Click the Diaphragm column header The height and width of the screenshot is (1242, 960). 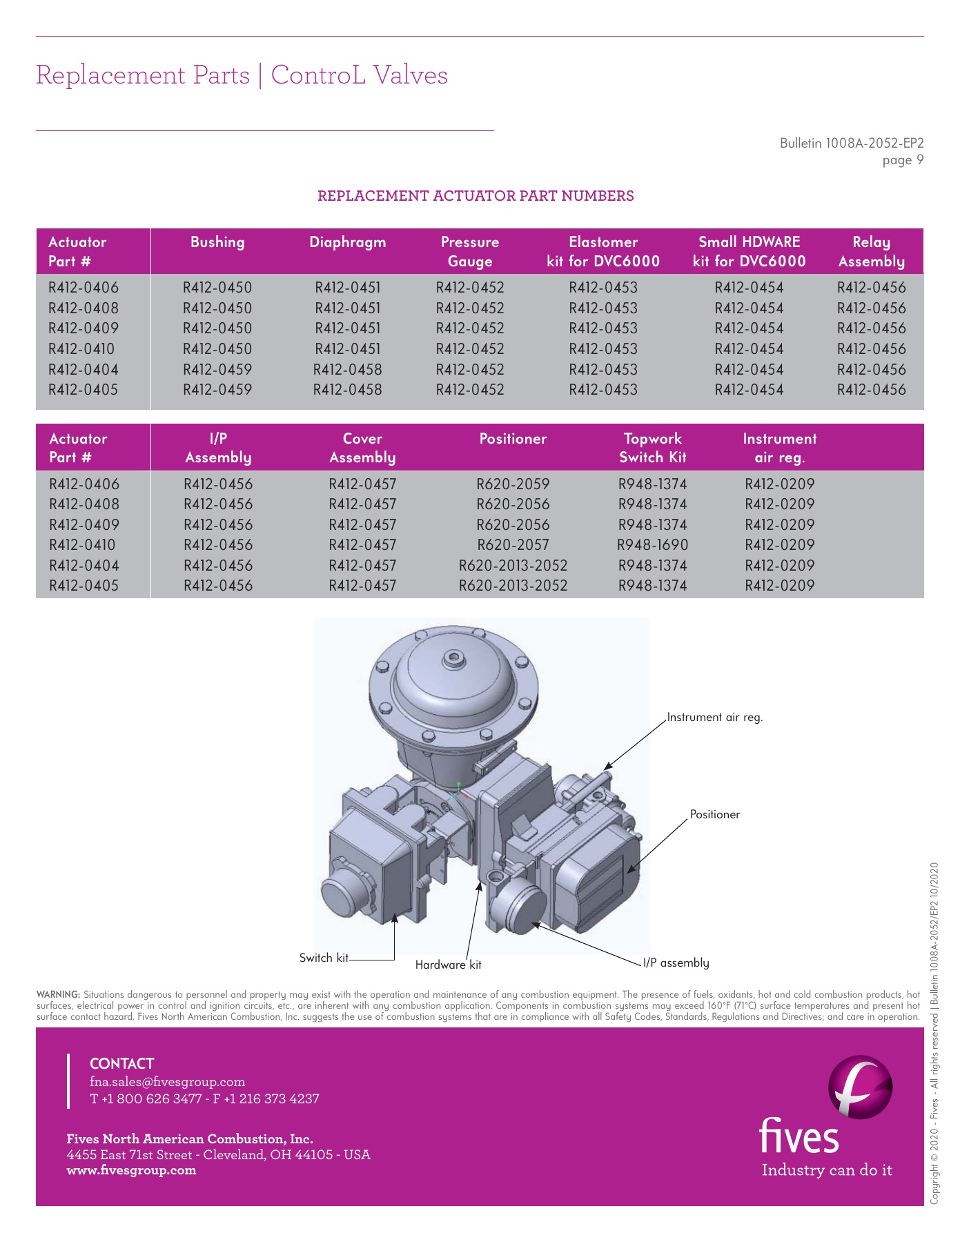click(x=347, y=242)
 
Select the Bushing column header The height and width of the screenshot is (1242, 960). click(x=217, y=242)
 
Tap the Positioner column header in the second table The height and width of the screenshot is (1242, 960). click(x=513, y=439)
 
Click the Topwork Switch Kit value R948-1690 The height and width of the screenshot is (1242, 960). click(x=652, y=545)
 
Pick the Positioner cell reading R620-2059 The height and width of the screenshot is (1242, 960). click(x=513, y=484)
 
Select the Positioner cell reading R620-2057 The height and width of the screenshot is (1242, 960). click(x=513, y=545)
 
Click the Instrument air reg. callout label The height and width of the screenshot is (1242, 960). click(x=714, y=718)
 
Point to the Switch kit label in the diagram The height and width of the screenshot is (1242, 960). click(x=324, y=958)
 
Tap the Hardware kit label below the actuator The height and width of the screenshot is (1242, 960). click(x=448, y=965)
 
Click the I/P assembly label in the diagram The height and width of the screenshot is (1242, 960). click(x=676, y=963)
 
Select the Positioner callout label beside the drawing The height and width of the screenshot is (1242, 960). click(x=714, y=815)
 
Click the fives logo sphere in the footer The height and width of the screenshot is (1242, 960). click(x=860, y=1087)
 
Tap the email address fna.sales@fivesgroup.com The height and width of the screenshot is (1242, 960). click(x=167, y=1081)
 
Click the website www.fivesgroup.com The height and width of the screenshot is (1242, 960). click(x=131, y=1170)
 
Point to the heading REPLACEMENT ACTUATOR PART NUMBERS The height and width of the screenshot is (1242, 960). click(x=476, y=196)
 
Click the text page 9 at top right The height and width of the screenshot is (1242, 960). click(x=902, y=160)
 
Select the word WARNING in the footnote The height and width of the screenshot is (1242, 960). click(x=58, y=995)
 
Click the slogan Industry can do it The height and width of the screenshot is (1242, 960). click(x=826, y=1170)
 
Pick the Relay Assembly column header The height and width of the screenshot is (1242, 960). click(x=871, y=252)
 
